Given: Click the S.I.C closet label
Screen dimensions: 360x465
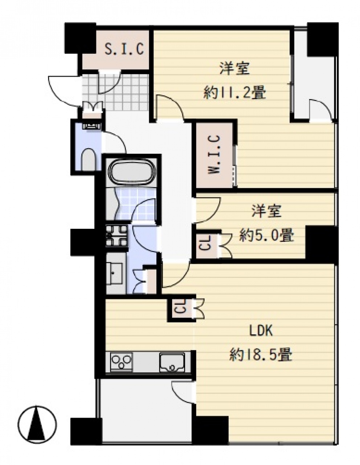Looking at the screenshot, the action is click(x=124, y=49).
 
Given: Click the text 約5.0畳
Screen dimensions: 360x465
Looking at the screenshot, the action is click(x=266, y=235).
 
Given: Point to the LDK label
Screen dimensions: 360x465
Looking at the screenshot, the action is click(x=261, y=332).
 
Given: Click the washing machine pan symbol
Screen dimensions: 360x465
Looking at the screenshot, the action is click(x=117, y=235).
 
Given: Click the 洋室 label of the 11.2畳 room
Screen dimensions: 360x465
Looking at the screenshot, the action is click(x=235, y=68).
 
